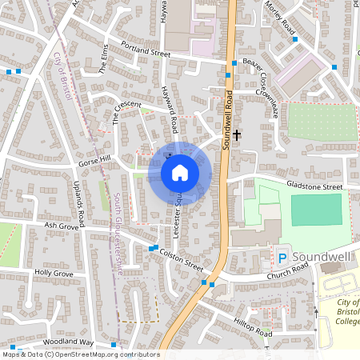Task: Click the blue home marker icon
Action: point(180,172)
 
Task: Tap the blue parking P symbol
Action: point(282,258)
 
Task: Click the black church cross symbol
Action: point(238,136)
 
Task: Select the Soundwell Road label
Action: point(227,119)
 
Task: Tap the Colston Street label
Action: point(182,257)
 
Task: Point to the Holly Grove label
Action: point(54,274)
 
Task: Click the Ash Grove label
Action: point(62,226)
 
